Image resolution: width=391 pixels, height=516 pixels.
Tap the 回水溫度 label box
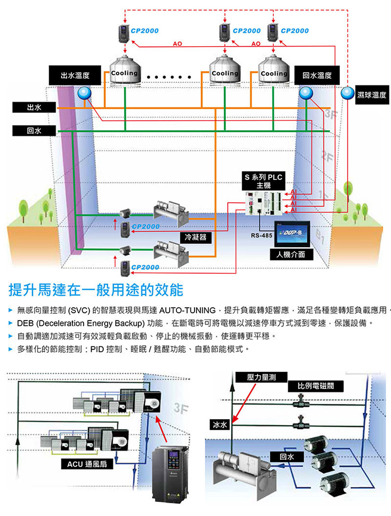click(x=317, y=76)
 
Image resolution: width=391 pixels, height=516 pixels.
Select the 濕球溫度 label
click(x=372, y=95)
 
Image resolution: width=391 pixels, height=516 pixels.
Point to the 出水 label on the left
click(x=34, y=107)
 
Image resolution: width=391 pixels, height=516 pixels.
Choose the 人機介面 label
click(x=291, y=254)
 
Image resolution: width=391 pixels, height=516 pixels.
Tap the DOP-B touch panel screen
click(x=292, y=233)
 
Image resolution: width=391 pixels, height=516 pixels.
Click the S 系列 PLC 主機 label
click(x=264, y=181)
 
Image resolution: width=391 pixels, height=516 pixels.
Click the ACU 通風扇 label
click(x=87, y=464)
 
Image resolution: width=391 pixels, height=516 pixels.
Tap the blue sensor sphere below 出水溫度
click(x=84, y=93)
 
